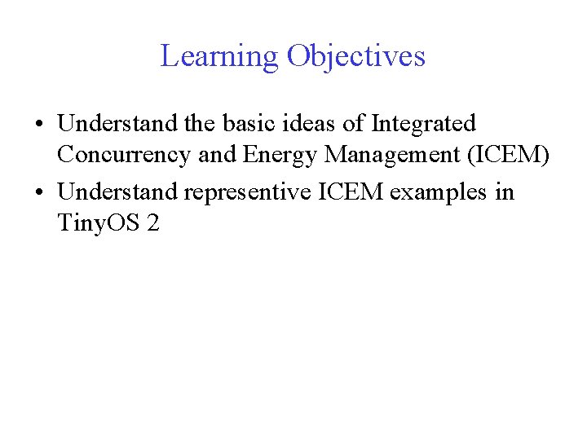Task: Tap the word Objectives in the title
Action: pyautogui.click(x=355, y=56)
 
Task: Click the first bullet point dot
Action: pyautogui.click(x=39, y=124)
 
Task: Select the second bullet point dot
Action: pyautogui.click(x=39, y=192)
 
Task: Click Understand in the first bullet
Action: pyautogui.click(x=117, y=124)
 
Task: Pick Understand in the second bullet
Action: pyautogui.click(x=117, y=192)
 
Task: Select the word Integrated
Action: pyautogui.click(x=423, y=124)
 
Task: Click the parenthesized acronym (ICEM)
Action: pyautogui.click(x=506, y=155)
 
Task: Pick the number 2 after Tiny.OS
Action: pyautogui.click(x=153, y=222)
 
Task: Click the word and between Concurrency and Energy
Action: pyautogui.click(x=217, y=155)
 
